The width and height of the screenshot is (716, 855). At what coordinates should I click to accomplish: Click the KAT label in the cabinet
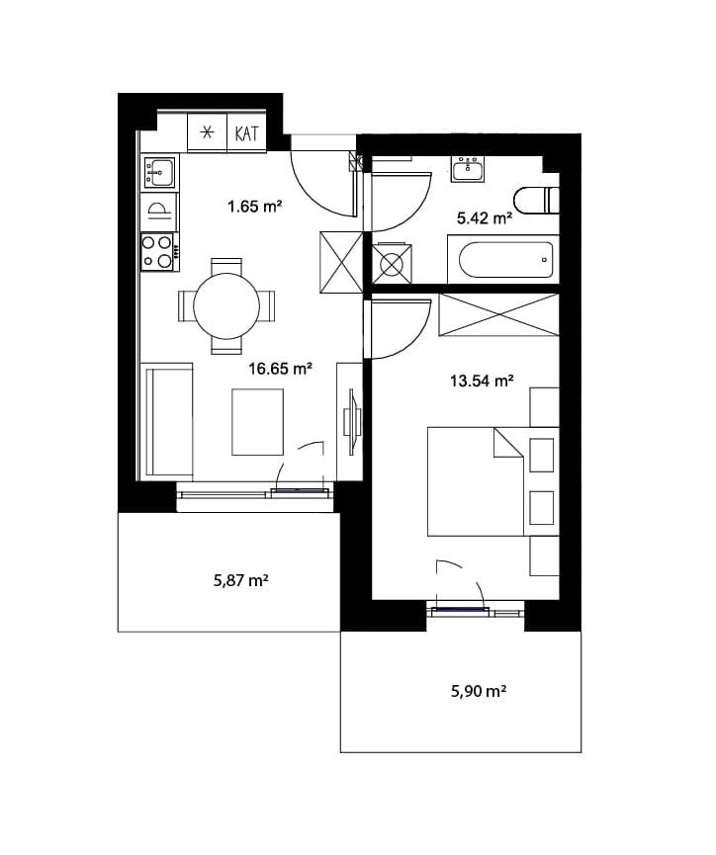(246, 133)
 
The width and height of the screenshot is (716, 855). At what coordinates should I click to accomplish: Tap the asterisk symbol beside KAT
(207, 132)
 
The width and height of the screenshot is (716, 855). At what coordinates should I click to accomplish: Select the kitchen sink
(159, 171)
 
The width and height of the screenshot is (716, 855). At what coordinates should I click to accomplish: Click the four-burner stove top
(157, 251)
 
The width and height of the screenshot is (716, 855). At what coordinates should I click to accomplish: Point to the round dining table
(226, 305)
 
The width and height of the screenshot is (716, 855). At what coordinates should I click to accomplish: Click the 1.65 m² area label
(254, 207)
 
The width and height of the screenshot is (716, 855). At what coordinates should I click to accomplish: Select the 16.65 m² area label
(280, 369)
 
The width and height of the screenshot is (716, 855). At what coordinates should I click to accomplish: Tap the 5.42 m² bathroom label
(484, 218)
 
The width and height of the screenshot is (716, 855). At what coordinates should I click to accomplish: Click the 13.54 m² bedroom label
(482, 381)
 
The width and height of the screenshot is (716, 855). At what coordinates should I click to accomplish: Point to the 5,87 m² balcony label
(240, 580)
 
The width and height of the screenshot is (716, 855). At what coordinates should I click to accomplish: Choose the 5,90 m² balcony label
(479, 692)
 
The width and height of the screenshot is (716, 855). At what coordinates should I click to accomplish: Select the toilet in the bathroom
(537, 201)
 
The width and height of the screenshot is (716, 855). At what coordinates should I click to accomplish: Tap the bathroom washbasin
(468, 168)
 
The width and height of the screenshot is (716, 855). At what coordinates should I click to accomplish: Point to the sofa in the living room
(167, 422)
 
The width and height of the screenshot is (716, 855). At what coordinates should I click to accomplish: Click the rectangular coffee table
(257, 422)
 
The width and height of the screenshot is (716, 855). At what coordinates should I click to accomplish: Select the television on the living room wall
(351, 421)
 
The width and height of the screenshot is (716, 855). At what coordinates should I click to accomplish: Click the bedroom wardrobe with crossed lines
(498, 314)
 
